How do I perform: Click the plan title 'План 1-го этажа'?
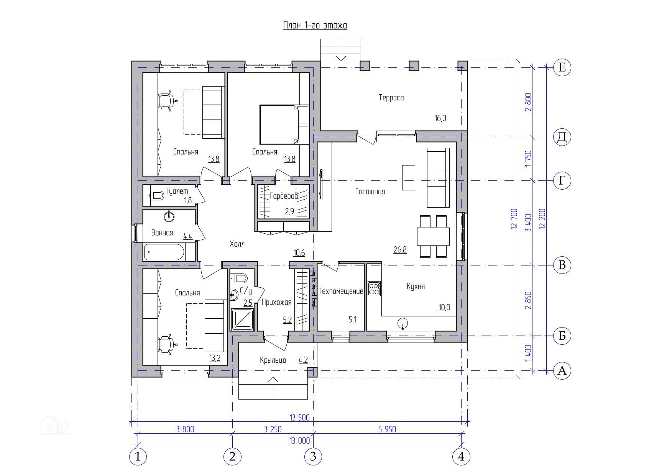(x=315, y=25)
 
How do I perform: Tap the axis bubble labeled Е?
(x=562, y=67)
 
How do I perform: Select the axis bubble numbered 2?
(x=232, y=456)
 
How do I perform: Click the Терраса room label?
(x=391, y=98)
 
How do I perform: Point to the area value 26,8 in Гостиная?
(x=400, y=250)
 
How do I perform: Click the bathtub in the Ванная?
(x=164, y=252)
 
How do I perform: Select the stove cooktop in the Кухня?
(x=374, y=288)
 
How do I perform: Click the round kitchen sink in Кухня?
(x=403, y=324)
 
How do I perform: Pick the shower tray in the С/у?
(x=242, y=319)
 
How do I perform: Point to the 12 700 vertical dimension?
(x=514, y=219)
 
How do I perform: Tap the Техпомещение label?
(x=341, y=291)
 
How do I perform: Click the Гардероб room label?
(x=284, y=196)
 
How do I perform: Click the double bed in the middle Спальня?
(x=284, y=124)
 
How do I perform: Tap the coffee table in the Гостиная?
(x=408, y=177)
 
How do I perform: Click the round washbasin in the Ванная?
(x=169, y=216)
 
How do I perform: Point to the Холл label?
(x=237, y=244)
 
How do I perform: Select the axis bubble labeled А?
(x=562, y=370)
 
